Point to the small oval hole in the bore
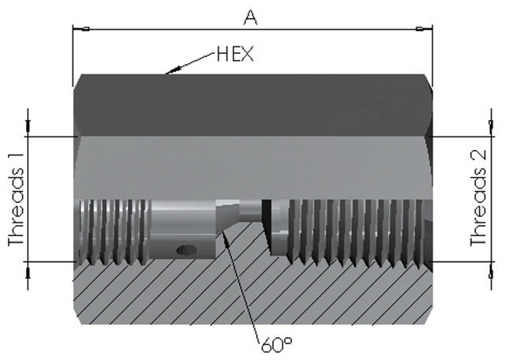187,249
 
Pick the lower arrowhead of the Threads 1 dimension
28,268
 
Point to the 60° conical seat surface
229,218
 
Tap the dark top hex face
252,103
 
